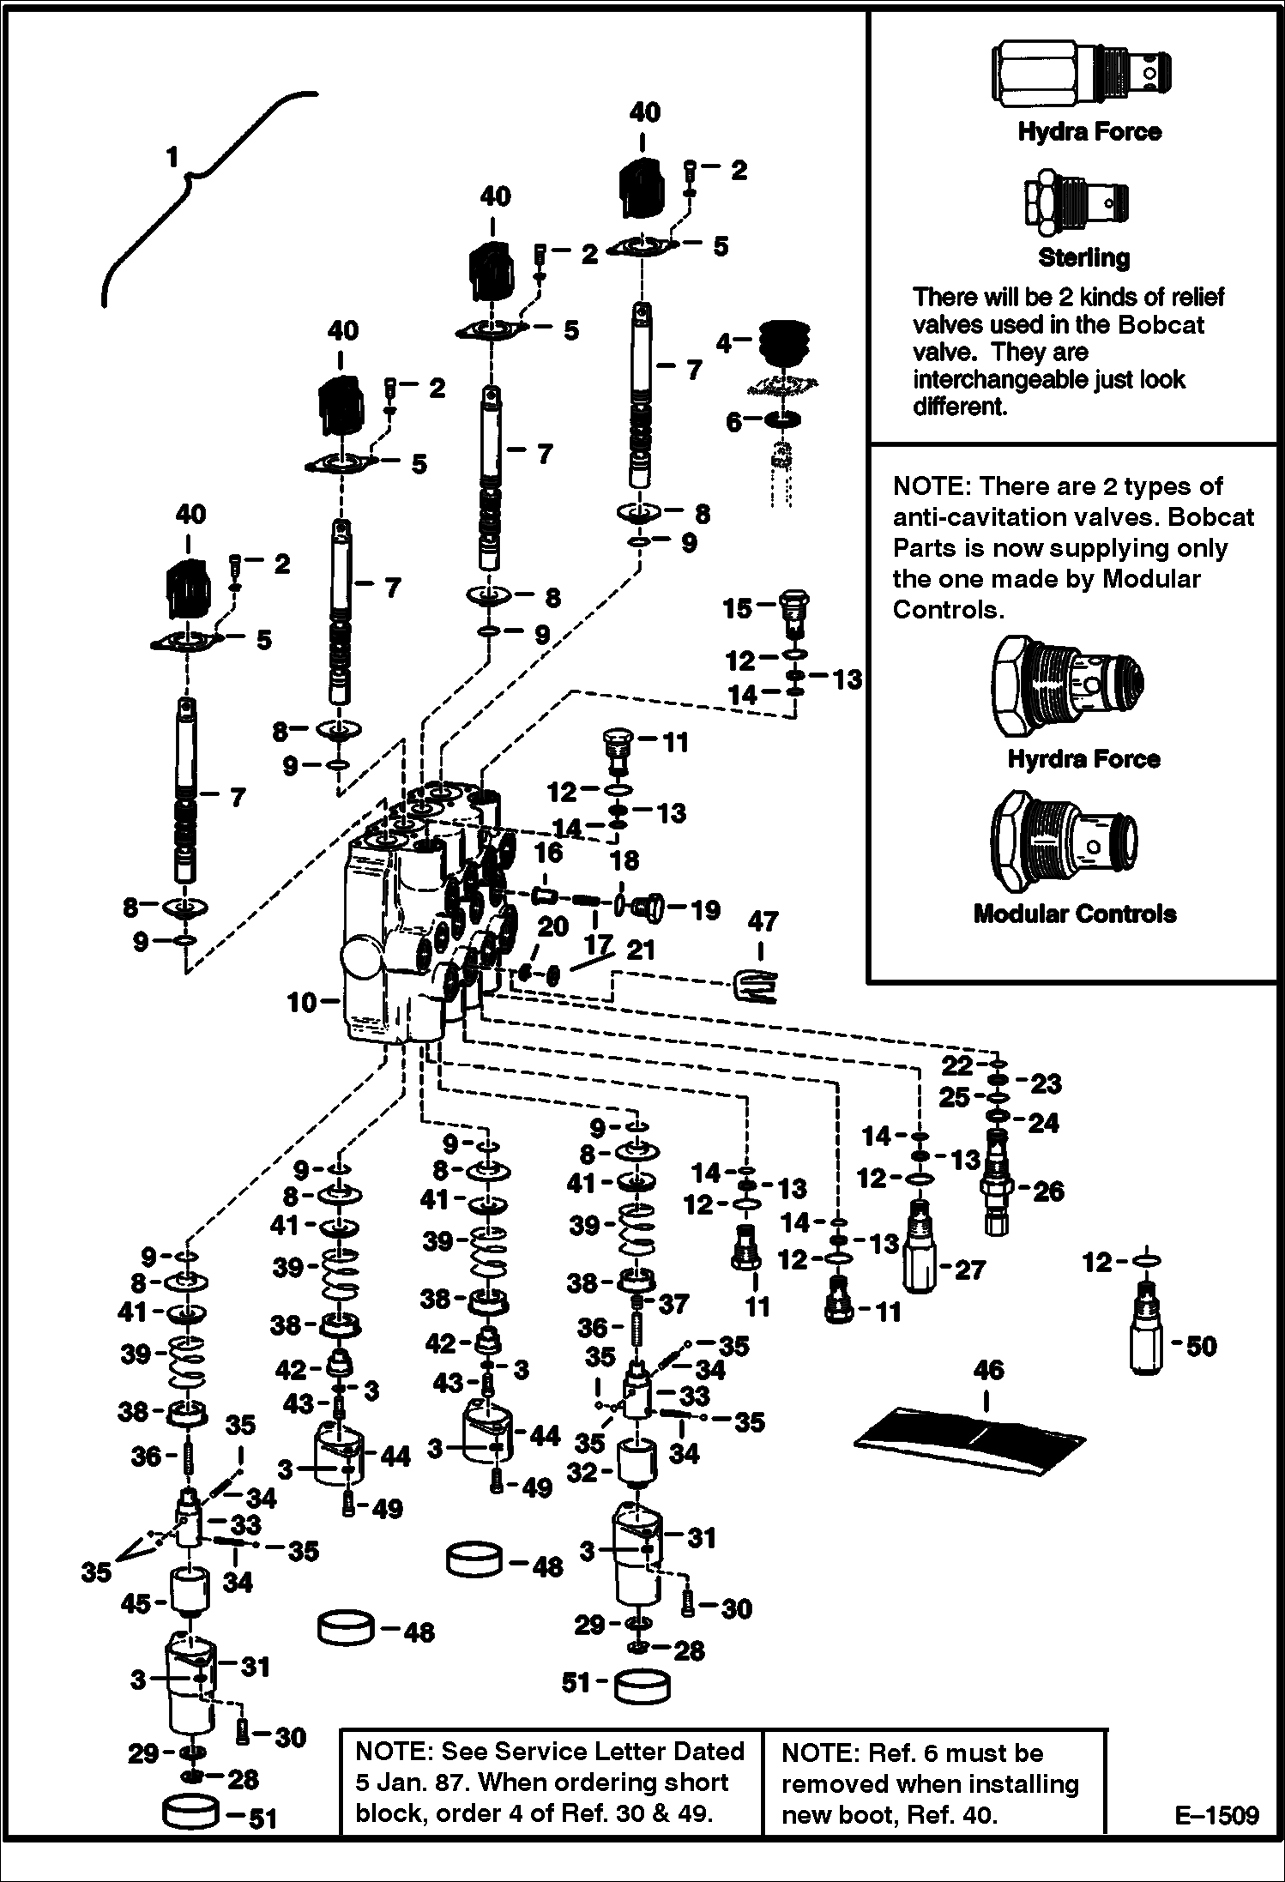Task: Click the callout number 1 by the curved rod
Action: point(172,157)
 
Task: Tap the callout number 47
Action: point(763,922)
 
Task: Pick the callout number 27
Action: point(970,1270)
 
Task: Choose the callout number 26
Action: point(1048,1191)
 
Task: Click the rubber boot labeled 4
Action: point(784,343)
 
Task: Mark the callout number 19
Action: point(705,909)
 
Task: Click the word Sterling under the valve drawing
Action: point(1083,257)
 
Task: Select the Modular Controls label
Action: point(1075,914)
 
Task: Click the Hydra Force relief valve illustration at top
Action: point(1083,75)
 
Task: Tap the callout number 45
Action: point(136,1603)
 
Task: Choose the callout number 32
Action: point(582,1472)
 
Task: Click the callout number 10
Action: point(302,1001)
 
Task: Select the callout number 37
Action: point(673,1305)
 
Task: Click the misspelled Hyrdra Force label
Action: point(1083,759)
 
